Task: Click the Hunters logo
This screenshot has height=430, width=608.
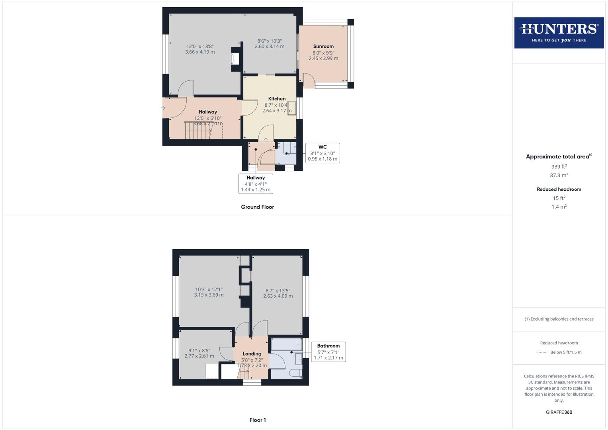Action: (x=559, y=33)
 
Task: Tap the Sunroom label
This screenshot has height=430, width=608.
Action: (x=323, y=47)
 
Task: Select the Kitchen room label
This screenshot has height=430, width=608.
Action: (x=277, y=99)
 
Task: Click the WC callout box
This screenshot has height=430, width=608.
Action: (x=323, y=153)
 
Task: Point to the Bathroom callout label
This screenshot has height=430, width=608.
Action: (x=328, y=346)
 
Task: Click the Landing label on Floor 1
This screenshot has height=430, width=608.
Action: (x=252, y=354)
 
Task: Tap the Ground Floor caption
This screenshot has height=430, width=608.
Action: (x=257, y=207)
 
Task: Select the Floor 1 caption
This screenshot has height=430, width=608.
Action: (x=258, y=420)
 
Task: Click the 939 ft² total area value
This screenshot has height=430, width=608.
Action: (x=559, y=167)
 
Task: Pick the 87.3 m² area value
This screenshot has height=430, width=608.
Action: (x=559, y=175)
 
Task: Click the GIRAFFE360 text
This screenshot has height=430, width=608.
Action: (x=559, y=412)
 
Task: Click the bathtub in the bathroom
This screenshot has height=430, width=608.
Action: (x=286, y=344)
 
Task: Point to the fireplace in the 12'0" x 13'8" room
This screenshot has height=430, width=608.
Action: (x=235, y=59)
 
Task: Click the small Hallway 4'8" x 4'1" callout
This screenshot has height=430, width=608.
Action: (x=256, y=184)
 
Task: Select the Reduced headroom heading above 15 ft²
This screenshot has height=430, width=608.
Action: (x=559, y=189)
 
